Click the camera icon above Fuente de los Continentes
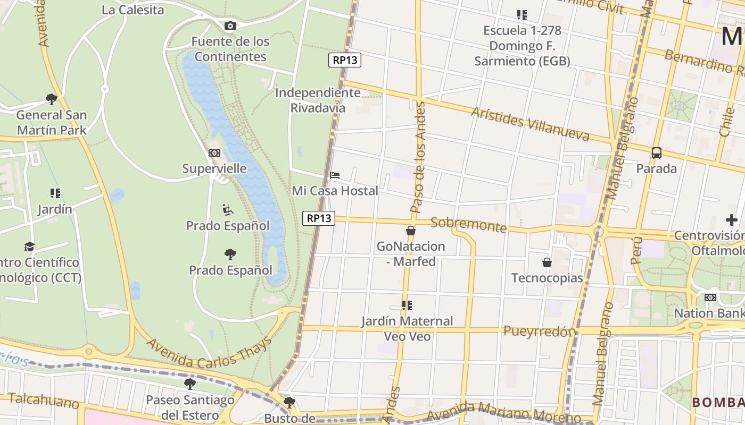point(230,25)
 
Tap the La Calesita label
point(133,10)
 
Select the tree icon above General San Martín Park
point(52,99)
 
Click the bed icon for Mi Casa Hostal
point(335,175)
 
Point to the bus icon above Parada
point(657,153)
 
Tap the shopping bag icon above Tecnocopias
point(547,262)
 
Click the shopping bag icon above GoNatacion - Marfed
point(410,231)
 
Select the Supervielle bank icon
point(214,153)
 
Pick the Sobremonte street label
point(468,225)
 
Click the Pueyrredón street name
point(540,331)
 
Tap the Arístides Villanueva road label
point(530,123)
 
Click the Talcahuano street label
point(44,400)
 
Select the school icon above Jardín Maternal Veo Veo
point(407,305)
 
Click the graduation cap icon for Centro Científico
point(29,247)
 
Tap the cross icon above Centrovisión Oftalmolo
point(732,219)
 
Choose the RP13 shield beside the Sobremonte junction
point(319,218)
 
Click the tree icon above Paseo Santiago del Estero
point(189,384)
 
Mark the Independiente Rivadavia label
point(318,100)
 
